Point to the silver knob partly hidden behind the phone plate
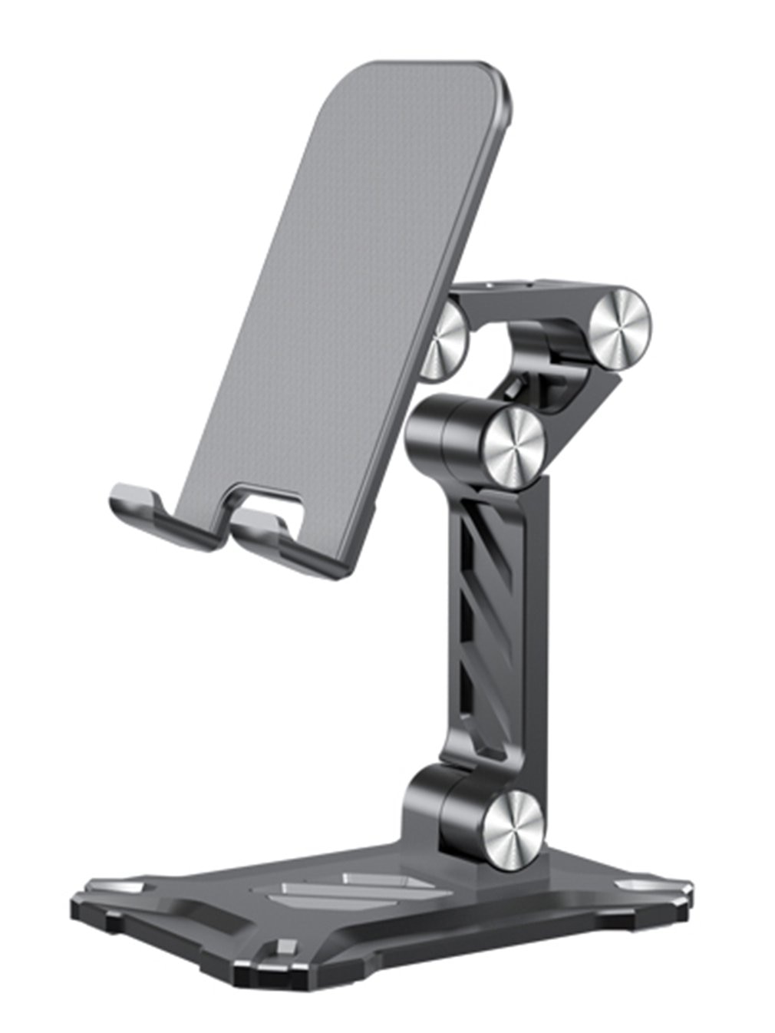pos(445,342)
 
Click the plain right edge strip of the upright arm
pos(537,629)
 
